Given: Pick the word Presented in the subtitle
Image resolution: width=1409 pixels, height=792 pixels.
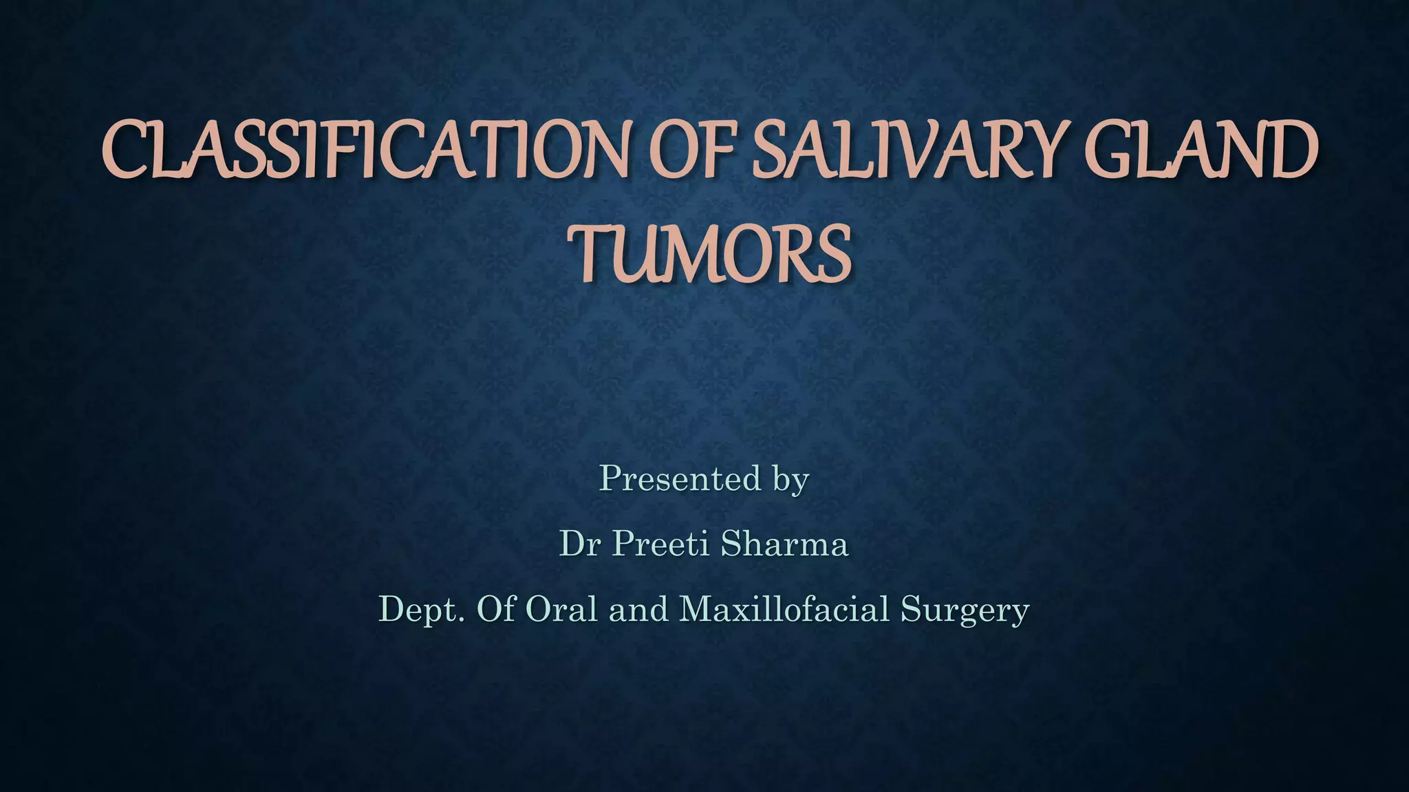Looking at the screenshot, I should click(680, 478).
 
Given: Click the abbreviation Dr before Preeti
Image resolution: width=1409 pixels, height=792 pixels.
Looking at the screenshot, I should click(579, 544).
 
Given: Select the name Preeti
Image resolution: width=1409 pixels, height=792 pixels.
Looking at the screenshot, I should click(660, 544).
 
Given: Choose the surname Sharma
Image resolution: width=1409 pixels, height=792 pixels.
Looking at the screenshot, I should click(784, 544).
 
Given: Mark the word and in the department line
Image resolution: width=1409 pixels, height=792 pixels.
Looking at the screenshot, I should click(638, 609).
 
